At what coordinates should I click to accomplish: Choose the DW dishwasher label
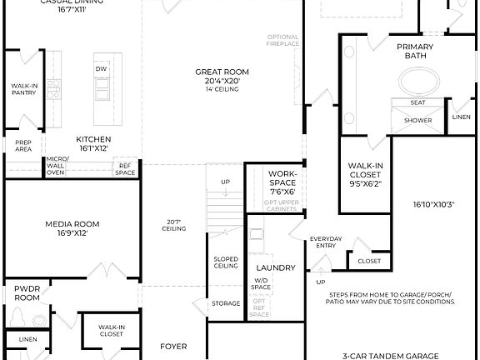tap(101, 68)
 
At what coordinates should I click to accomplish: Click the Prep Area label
tap(22, 146)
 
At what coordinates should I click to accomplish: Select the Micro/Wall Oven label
tap(56, 167)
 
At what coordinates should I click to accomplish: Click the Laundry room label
tap(282, 267)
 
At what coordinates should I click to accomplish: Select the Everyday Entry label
tap(326, 242)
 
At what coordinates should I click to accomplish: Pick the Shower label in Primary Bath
tap(418, 120)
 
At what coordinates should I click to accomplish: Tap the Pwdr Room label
tap(27, 292)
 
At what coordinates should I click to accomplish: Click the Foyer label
tap(173, 346)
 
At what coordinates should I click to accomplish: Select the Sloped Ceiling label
tap(226, 262)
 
